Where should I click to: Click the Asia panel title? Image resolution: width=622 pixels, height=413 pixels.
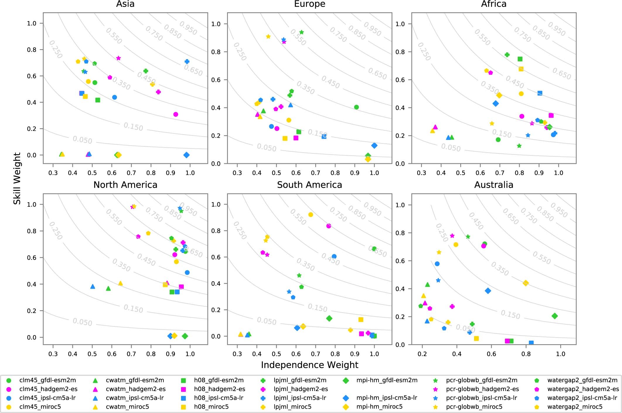(x=125, y=4)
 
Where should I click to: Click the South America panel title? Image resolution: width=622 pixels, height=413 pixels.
(x=309, y=185)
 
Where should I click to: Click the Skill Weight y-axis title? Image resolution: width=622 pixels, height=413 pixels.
(x=17, y=178)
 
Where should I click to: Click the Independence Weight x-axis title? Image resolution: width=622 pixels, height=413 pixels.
(x=309, y=365)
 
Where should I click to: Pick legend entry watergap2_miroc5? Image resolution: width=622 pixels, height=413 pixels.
(x=575, y=407)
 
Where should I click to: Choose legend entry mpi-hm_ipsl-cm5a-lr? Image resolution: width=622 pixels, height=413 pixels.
(x=386, y=398)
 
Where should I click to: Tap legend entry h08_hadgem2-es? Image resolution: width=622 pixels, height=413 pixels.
(x=219, y=389)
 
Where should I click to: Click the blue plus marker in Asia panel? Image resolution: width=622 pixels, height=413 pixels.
(x=187, y=61)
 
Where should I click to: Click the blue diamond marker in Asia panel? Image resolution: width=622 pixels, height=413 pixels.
(x=186, y=155)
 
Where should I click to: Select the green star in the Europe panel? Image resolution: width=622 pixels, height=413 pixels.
(x=301, y=32)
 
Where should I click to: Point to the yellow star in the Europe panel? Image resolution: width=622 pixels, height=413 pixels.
(x=268, y=37)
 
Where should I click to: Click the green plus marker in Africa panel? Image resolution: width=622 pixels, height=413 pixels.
(x=507, y=55)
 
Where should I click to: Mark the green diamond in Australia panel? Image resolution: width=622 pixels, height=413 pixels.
(x=555, y=316)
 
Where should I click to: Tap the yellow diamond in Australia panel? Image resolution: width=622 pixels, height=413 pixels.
(x=526, y=283)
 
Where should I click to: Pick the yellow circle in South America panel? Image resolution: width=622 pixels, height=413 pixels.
(x=311, y=215)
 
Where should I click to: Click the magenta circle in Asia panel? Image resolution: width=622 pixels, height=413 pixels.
(x=175, y=114)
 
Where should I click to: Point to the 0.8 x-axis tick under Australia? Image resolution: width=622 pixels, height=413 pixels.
(x=526, y=354)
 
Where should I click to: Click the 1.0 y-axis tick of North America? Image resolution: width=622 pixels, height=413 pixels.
(x=32, y=204)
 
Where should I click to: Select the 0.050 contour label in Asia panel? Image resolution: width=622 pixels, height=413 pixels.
(x=82, y=140)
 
